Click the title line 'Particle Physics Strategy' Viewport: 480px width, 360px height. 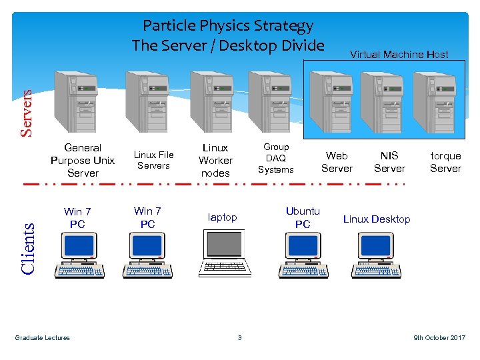pos(228,26)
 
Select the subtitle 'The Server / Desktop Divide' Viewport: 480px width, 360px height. pos(228,45)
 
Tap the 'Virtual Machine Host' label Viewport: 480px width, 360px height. pos(399,55)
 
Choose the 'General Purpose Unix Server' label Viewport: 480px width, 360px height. pos(83,160)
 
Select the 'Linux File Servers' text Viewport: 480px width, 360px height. pos(154,160)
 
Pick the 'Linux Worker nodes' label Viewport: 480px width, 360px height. pos(215,160)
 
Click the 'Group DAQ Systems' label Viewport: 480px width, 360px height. pos(276,158)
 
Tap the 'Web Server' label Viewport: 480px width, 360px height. pos(337,162)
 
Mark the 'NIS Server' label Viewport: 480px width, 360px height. pos(389,162)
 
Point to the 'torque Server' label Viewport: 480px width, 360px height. pos(445,162)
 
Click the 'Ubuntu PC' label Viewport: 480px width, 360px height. pos(303,217)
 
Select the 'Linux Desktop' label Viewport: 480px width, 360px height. pos(377,219)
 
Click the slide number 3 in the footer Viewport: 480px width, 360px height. pos(239,338)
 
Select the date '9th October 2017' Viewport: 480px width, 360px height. pos(439,338)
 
